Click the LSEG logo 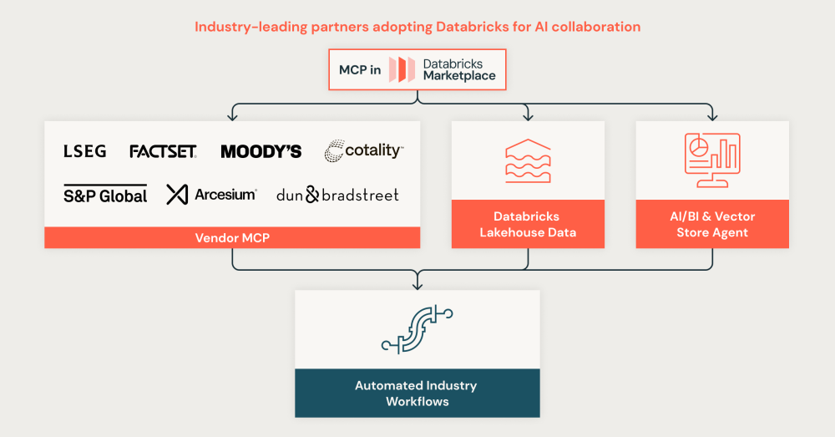tap(84, 151)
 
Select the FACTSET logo tap(163, 151)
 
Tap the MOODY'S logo tap(261, 151)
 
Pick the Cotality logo tap(363, 150)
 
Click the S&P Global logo tap(105, 195)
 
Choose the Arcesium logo tap(211, 195)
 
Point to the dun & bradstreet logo tap(337, 195)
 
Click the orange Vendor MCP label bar tap(231, 238)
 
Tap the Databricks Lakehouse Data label tap(528, 224)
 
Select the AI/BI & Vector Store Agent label tap(712, 224)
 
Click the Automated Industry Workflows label tap(417, 394)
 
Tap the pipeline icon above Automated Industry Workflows tap(417, 329)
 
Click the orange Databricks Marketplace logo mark tap(401, 69)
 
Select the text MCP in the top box tap(359, 70)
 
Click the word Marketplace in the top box tap(459, 76)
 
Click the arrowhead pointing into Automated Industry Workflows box tap(417, 286)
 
